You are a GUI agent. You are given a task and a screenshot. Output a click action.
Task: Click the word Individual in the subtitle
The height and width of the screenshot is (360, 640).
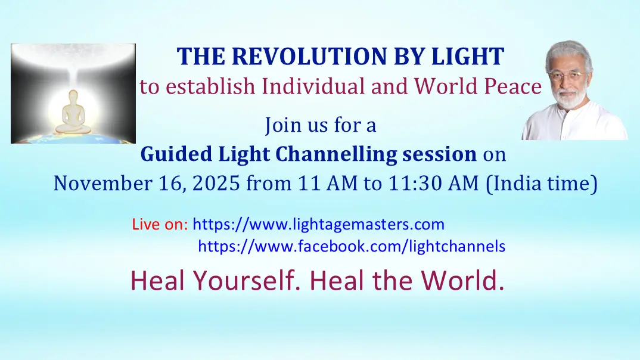coord(313,87)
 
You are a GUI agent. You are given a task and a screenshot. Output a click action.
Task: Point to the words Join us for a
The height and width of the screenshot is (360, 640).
coord(321,126)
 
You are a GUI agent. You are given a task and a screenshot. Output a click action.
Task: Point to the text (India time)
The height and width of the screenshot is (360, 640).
coord(542,183)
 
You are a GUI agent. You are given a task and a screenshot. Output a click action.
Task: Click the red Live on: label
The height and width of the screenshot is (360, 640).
coord(160,225)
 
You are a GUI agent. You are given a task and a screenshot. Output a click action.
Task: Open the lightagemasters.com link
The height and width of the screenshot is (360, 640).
coord(319,225)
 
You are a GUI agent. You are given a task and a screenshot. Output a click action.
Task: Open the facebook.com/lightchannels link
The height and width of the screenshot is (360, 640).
coord(352,246)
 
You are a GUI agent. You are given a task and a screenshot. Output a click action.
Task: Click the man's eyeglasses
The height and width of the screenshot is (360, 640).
coord(564,76)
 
